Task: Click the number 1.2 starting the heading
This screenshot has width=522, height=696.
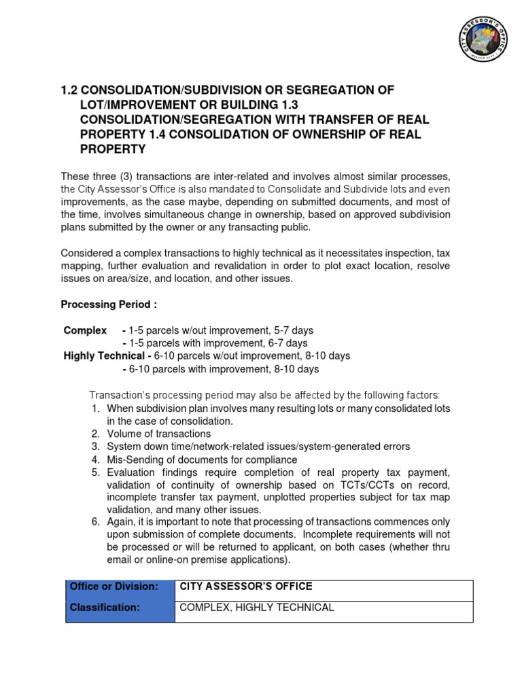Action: [x=70, y=90]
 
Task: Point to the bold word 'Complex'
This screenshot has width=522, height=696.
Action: [x=85, y=330]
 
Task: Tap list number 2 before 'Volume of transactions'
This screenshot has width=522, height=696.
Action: [x=96, y=434]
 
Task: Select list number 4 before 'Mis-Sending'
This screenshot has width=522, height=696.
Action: [x=96, y=459]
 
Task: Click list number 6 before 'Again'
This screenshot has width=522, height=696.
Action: [x=96, y=522]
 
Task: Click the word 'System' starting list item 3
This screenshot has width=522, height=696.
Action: [x=123, y=447]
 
